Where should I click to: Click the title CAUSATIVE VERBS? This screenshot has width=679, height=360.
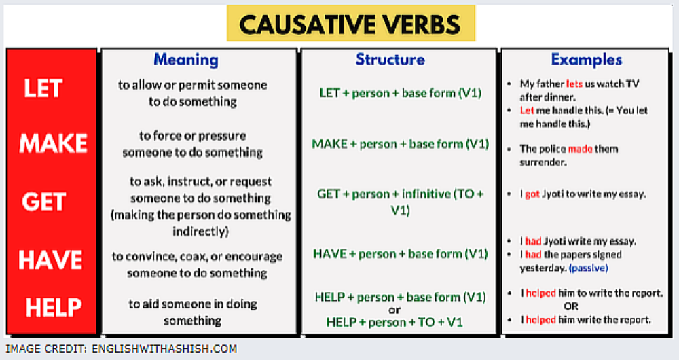coord(350,24)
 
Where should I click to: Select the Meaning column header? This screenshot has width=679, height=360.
coord(186,60)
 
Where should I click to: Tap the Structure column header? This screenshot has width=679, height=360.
coord(390,59)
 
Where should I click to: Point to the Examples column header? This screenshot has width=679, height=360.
coord(587,59)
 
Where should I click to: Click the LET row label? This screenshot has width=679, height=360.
coord(43,89)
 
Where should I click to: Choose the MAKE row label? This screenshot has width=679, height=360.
coord(53,143)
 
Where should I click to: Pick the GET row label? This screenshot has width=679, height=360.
coord(43,202)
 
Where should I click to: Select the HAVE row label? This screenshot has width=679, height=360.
coord(50,260)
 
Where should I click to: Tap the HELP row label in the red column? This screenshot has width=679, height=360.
coord(53,307)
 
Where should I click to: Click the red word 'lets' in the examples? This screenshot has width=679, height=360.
coord(574,84)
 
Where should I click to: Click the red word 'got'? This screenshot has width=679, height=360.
coord(532,194)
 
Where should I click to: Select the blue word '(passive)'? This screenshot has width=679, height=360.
coord(589,268)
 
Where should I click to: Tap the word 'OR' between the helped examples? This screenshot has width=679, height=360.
coord(571,306)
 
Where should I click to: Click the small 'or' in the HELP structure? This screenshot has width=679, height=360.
coord(394,310)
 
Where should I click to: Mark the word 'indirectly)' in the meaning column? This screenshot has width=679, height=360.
coord(200,232)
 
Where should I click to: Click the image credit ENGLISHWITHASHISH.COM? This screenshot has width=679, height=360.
coord(164,348)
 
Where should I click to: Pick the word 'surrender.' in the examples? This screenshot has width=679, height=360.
coord(543,162)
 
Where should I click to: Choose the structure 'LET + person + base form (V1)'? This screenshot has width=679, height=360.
coord(400,93)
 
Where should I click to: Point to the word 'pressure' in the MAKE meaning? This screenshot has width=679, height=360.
coord(223,136)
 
